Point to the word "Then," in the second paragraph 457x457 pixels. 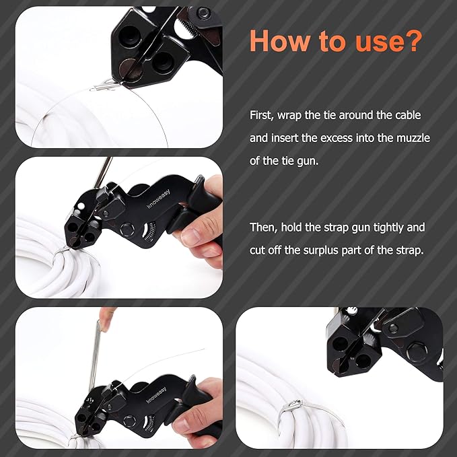click(263, 227)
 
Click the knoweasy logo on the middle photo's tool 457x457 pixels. click(159, 199)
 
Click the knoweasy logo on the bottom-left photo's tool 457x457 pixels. click(156, 395)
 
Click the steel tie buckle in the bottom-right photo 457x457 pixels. click(294, 406)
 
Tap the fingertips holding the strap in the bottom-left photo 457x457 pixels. click(106, 317)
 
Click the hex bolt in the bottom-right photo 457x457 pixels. click(417, 352)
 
